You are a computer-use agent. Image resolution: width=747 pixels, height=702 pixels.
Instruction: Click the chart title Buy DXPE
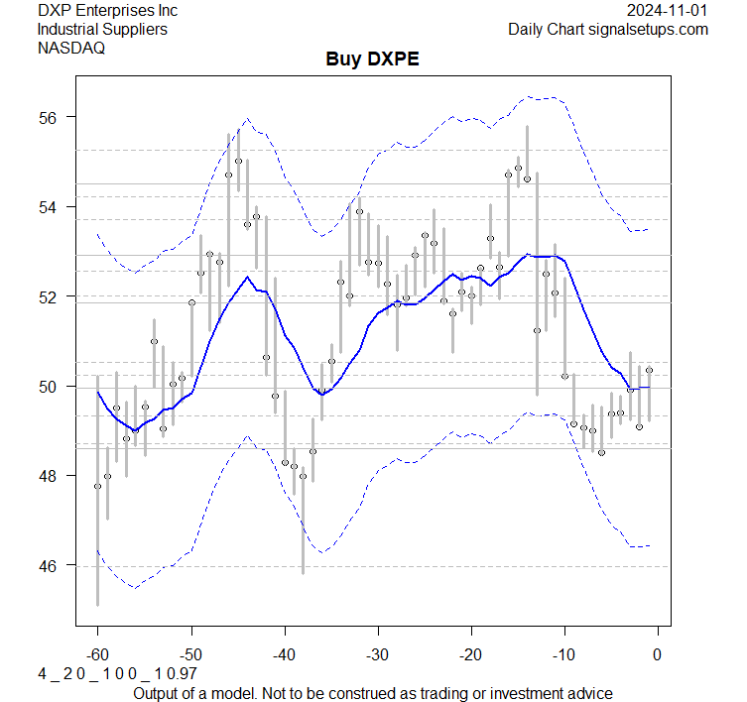click(x=372, y=59)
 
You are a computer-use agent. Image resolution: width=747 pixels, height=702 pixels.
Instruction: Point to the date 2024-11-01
click(x=669, y=11)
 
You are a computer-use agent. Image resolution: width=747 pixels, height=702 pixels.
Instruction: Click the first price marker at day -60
click(x=97, y=486)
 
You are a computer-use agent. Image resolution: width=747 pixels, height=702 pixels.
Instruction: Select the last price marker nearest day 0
click(x=649, y=370)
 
